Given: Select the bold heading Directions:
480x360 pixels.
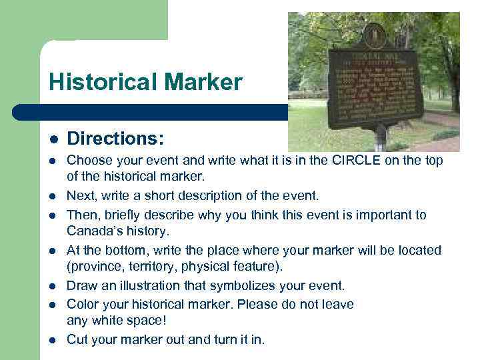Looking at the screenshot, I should click(x=116, y=139).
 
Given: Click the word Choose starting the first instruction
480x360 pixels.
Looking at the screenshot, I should click(x=89, y=161).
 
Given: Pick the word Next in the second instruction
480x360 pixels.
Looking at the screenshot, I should click(x=80, y=196).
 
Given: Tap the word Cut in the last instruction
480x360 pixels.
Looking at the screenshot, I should click(x=77, y=339).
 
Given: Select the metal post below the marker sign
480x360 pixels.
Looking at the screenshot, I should click(x=380, y=138).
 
